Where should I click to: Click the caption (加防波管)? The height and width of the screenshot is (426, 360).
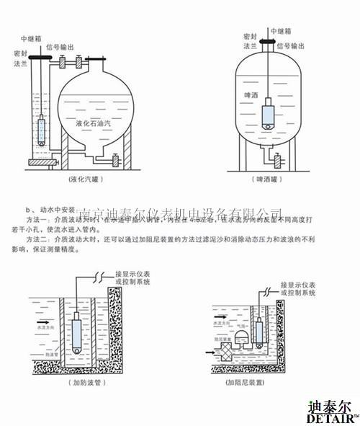tap(75, 382)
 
